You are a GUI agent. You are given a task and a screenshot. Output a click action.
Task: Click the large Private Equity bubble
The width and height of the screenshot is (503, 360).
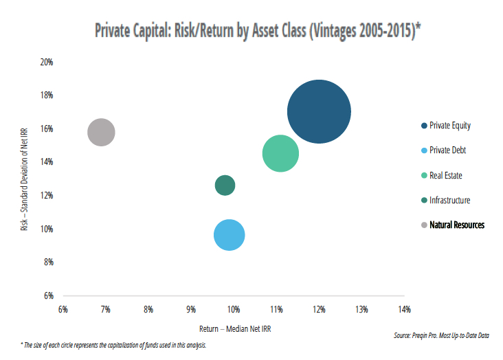(319, 111)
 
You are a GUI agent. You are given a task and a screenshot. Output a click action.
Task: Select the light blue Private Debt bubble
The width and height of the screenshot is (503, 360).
(230, 235)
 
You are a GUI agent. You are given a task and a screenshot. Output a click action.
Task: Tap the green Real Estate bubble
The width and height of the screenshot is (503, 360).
(280, 153)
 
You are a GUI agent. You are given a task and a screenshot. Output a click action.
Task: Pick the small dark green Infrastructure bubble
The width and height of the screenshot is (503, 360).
(225, 185)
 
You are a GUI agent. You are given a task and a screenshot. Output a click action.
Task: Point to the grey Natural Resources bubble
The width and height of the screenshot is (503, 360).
(101, 132)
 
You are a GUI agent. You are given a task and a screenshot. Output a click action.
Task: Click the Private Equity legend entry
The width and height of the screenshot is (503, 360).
(449, 126)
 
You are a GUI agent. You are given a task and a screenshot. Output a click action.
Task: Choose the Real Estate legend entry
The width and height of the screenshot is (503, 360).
(445, 175)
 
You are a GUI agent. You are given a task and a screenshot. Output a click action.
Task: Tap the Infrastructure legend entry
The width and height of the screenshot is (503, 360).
(449, 200)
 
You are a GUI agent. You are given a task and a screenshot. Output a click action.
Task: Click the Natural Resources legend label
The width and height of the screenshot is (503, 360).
(456, 225)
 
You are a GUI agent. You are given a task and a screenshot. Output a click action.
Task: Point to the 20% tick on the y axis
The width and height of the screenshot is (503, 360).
(47, 62)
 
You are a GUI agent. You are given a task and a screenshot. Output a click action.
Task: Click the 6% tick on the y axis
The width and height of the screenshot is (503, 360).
(48, 295)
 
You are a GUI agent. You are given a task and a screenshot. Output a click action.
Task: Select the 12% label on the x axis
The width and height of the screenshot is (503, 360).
(319, 309)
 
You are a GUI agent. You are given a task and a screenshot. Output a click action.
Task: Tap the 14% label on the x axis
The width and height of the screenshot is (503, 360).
(404, 309)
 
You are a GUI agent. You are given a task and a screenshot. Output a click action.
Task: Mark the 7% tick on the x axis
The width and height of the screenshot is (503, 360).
(106, 309)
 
